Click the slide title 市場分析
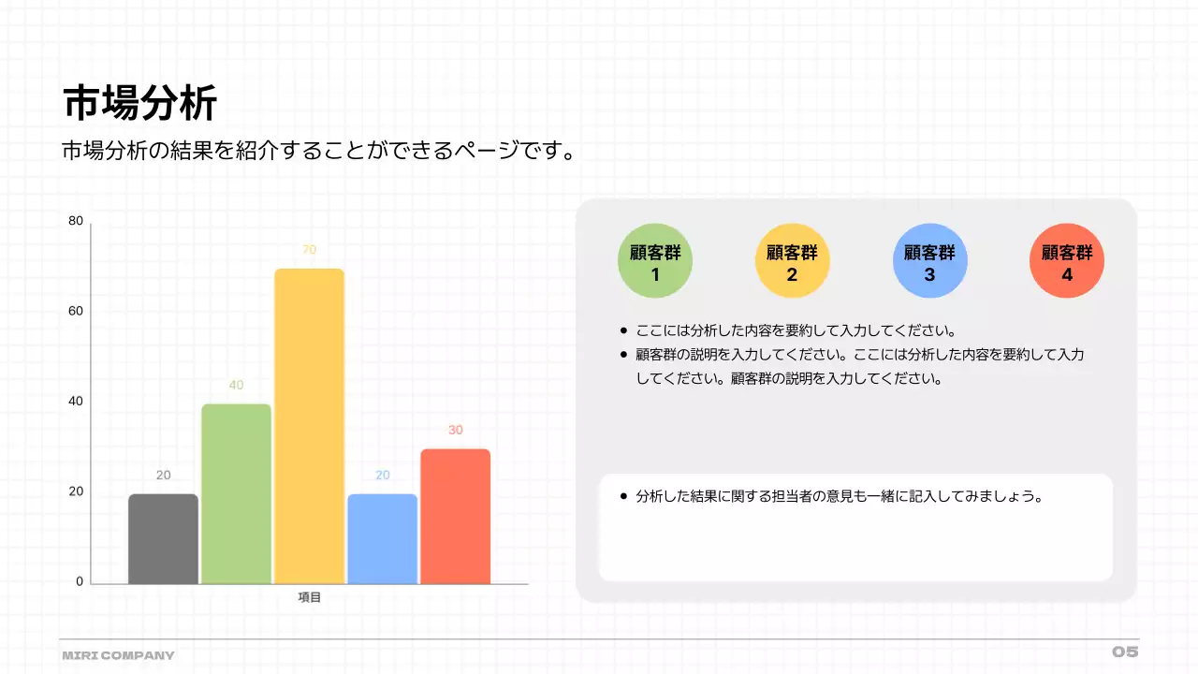click(140, 103)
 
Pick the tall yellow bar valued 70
click(309, 426)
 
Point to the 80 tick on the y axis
click(76, 221)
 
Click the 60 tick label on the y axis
click(76, 311)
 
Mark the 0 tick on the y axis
click(80, 581)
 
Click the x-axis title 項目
click(309, 597)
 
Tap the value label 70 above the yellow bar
click(309, 250)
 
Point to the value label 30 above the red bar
click(455, 431)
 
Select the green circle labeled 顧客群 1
click(655, 261)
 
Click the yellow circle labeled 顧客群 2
click(792, 261)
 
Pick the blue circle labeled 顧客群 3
click(929, 261)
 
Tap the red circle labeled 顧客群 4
click(1067, 261)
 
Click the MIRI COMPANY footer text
click(118, 655)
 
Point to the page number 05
click(1125, 652)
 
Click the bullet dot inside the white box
click(623, 496)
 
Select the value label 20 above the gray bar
click(163, 476)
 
